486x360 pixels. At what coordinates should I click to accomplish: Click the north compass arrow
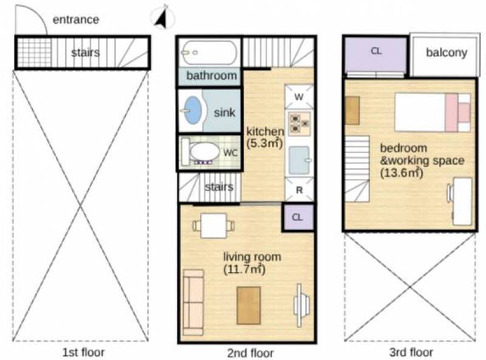[x=162, y=19]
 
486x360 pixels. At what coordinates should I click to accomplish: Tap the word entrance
[x=76, y=19]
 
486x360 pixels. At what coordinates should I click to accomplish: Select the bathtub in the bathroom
[x=210, y=52]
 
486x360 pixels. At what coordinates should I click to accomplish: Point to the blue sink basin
[x=192, y=110]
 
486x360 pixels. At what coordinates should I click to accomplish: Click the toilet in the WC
[x=201, y=152]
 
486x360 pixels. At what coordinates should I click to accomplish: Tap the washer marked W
[x=299, y=97]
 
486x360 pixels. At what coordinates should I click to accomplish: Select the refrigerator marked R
[x=299, y=190]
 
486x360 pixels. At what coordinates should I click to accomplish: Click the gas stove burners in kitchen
[x=299, y=123]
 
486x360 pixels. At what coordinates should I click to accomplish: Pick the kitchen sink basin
[x=299, y=160]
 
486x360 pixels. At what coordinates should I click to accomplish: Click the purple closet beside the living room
[x=298, y=217]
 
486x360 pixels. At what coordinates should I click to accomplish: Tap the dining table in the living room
[x=214, y=226]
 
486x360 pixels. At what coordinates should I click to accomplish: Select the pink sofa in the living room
[x=193, y=302]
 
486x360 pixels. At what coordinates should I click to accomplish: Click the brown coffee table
[x=248, y=306]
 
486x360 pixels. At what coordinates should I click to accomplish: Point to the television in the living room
[x=301, y=305]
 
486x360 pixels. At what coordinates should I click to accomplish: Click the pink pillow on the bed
[x=451, y=113]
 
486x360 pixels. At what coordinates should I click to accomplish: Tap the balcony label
[x=447, y=52]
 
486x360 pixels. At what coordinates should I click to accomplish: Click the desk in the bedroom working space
[x=462, y=201]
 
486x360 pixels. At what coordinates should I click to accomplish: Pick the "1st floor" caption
[x=83, y=352]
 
